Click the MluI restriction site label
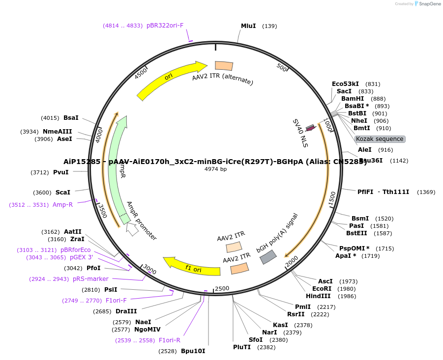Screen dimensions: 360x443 (248, 26)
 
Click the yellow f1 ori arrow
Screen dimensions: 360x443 (192, 267)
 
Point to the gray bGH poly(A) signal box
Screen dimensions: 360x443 (268, 256)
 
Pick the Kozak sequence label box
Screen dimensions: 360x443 (380, 139)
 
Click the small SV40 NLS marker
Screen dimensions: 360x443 (310, 128)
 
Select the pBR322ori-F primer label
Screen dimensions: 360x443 (165, 26)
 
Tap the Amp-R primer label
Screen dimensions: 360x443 (62, 205)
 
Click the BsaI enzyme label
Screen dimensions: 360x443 (71, 118)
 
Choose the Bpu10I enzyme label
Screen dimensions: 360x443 (193, 351)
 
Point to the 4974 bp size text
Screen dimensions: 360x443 (216, 169)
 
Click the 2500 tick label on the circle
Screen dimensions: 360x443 (222, 288)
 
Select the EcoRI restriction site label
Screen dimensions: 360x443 (322, 289)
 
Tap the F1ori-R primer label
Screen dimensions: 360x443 (169, 340)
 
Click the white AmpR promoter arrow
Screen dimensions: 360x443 (132, 229)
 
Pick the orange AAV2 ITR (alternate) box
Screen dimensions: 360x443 (224, 66)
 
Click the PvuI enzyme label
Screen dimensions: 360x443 (60, 172)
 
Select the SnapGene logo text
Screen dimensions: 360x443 (430, 4)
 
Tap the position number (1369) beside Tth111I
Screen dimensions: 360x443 (426, 192)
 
